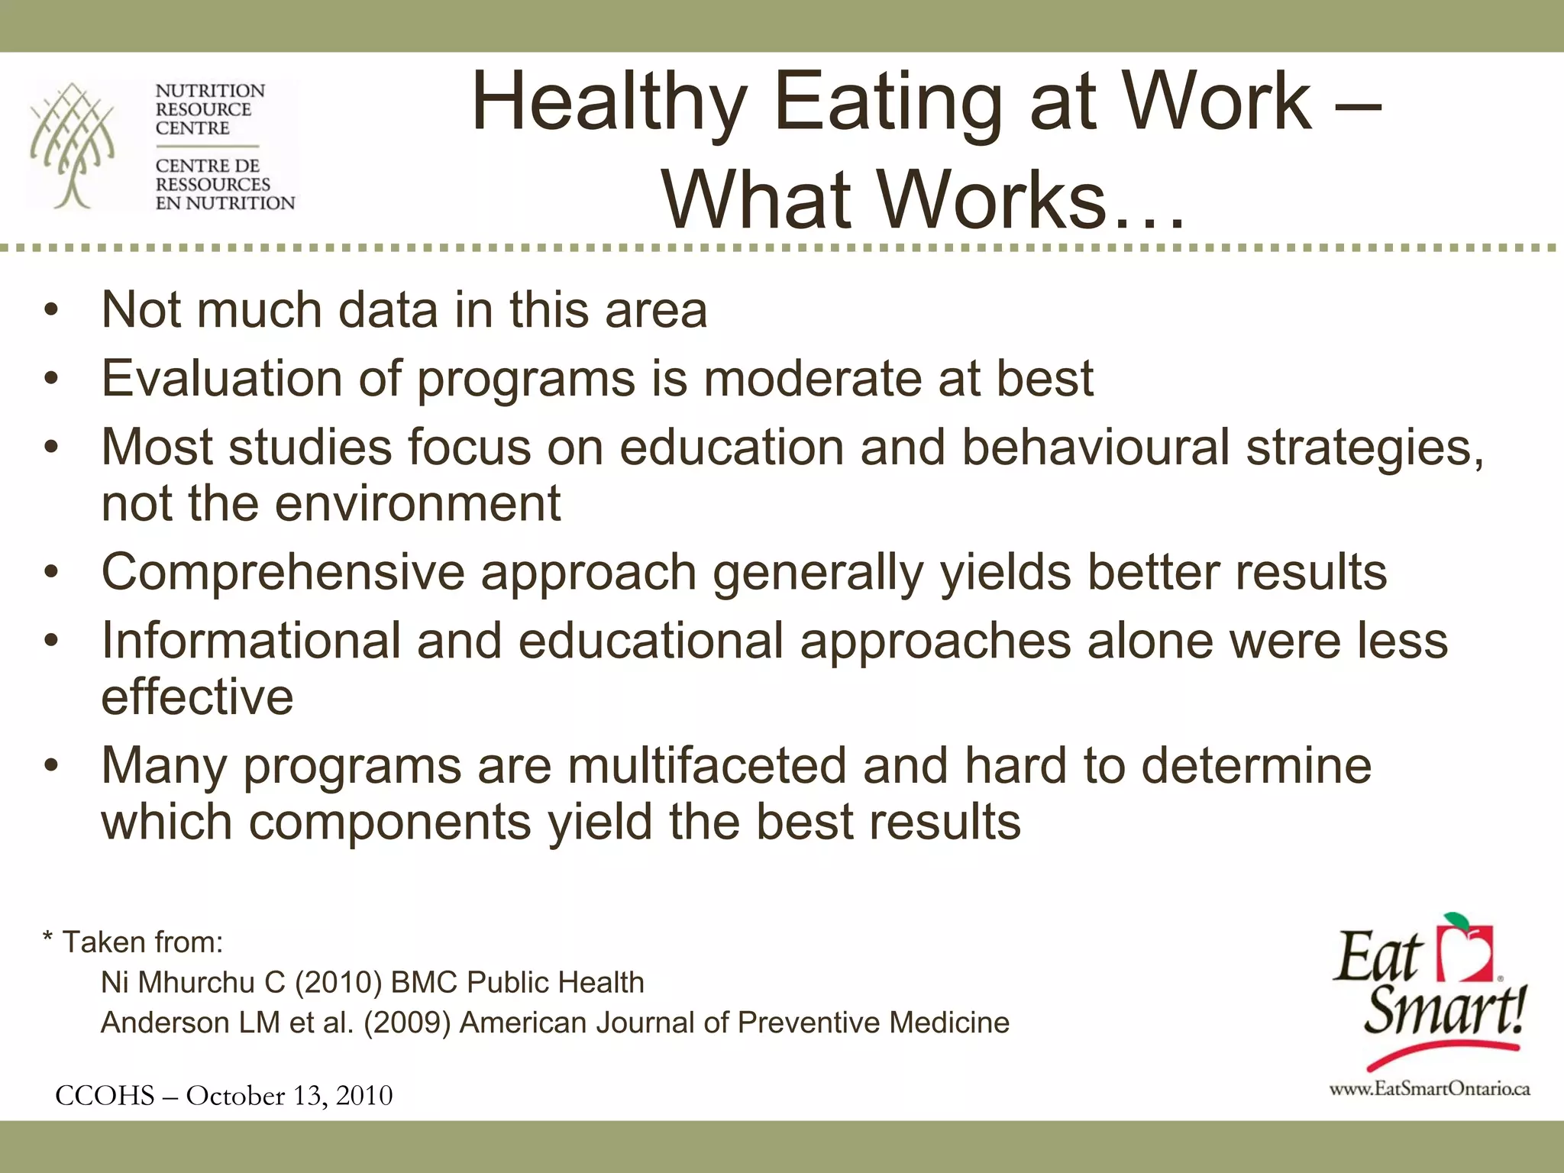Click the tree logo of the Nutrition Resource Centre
pos(73,145)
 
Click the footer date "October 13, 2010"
pos(289,1096)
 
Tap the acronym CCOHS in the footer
pos(105,1096)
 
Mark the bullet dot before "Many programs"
pos(51,766)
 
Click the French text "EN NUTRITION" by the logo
pos(225,203)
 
